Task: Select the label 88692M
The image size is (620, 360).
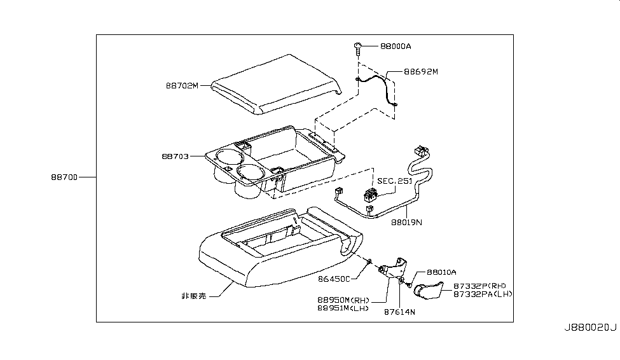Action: [x=420, y=72]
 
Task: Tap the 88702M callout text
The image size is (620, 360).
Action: [x=181, y=86]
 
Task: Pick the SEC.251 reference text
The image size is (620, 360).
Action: [x=395, y=181]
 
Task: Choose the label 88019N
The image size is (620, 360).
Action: [x=406, y=223]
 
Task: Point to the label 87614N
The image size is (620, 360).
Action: [x=399, y=312]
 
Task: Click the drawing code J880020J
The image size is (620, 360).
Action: [x=589, y=327]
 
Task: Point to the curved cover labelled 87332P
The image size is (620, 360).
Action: [x=430, y=290]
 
